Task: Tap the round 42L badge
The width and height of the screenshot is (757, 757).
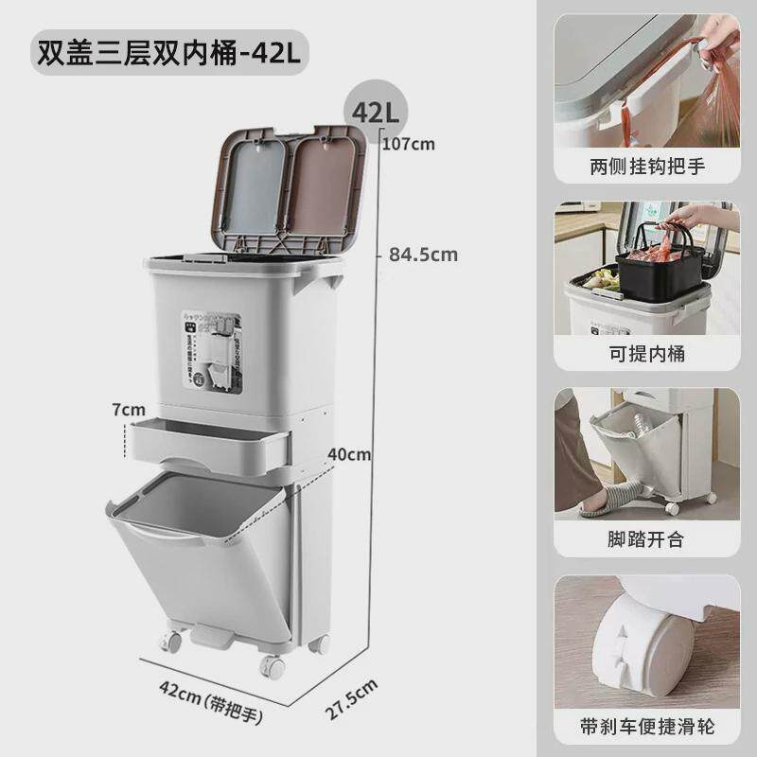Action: point(375,112)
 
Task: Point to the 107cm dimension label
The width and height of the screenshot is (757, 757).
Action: point(410,145)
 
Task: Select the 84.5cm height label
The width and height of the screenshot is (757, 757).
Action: point(422,254)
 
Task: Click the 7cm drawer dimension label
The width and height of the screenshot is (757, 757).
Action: point(128,410)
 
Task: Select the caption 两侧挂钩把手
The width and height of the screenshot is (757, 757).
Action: point(648,168)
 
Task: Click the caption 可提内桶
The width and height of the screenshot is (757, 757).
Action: point(648,354)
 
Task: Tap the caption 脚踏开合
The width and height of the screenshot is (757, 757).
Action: point(648,540)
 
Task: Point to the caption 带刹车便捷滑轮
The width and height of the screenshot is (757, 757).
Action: point(648,727)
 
